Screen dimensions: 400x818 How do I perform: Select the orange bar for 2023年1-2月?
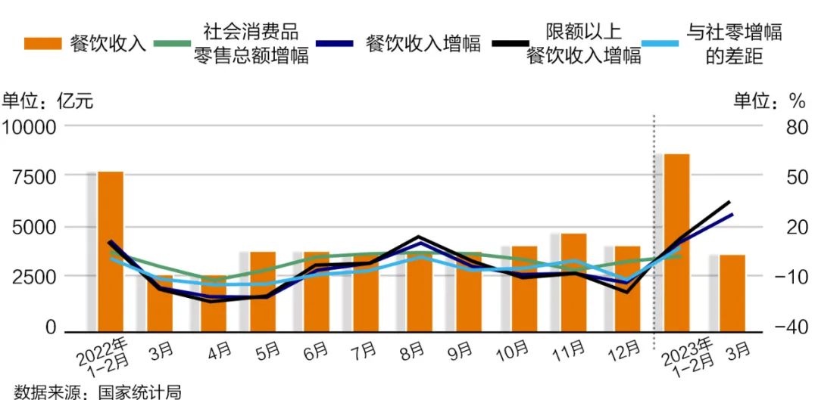point(676,242)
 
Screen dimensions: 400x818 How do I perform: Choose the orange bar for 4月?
point(214,303)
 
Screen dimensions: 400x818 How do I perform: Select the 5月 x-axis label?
point(266,352)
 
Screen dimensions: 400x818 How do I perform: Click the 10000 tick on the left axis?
point(30,127)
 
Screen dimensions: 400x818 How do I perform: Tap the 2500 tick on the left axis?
point(33,277)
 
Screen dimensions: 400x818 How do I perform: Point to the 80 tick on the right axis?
point(797,127)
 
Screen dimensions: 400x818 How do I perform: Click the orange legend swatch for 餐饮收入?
point(42,43)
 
